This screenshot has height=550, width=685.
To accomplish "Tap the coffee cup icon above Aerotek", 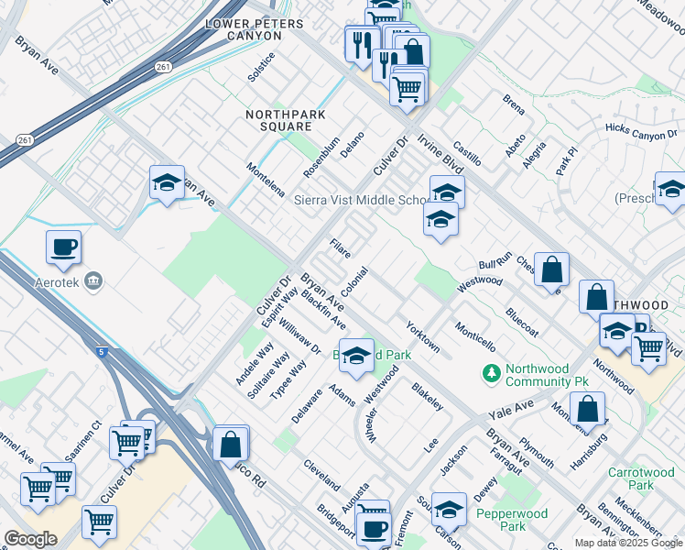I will click(x=63, y=247).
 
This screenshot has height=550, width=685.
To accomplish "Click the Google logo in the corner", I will click(x=30, y=539).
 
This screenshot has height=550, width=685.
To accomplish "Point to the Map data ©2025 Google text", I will click(x=627, y=543).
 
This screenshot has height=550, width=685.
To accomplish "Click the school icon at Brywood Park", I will click(x=357, y=355).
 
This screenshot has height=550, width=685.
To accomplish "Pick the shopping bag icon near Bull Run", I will click(x=552, y=269).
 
